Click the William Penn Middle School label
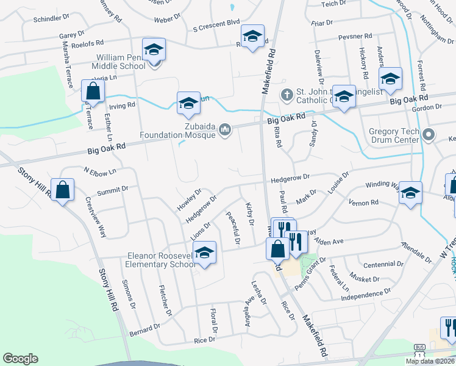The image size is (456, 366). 117,62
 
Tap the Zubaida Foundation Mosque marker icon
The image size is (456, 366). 225,129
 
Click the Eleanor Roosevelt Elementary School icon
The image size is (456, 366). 205,253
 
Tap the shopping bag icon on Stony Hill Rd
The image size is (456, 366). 62,190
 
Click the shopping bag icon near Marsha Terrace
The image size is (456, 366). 93,92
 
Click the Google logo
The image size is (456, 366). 20,359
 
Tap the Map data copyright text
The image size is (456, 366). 430,361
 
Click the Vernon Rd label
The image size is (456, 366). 363,202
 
